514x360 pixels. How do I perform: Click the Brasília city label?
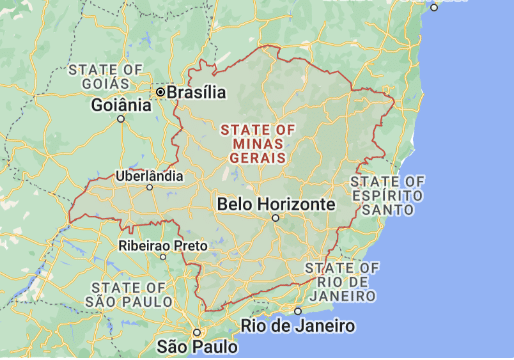(x=196, y=92)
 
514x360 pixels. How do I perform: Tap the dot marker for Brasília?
(x=159, y=92)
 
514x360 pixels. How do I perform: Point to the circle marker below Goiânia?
(x=122, y=118)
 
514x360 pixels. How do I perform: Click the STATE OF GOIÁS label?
(x=104, y=76)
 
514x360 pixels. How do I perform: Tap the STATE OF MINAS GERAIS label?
(x=257, y=143)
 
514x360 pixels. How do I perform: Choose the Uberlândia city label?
(x=150, y=175)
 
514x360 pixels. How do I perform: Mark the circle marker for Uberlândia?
(x=150, y=187)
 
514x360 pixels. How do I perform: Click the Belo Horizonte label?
(x=275, y=204)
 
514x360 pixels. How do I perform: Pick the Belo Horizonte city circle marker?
(x=276, y=217)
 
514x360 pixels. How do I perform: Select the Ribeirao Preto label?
(x=163, y=245)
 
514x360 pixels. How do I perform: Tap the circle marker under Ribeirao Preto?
(x=163, y=256)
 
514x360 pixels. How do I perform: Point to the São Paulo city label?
(x=198, y=346)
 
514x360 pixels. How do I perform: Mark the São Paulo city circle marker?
(x=198, y=332)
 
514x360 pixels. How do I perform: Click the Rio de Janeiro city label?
(x=299, y=326)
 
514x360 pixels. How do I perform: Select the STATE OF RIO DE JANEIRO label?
(x=342, y=282)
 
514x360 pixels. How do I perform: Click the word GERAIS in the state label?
(x=257, y=157)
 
